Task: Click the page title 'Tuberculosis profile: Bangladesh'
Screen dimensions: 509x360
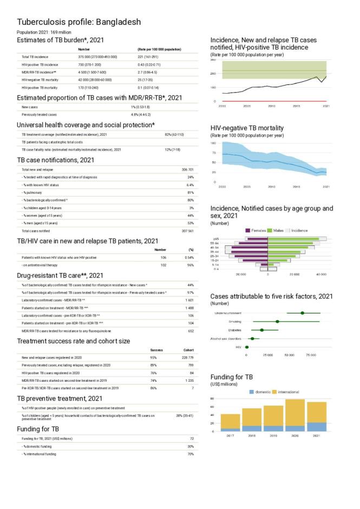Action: click(x=79, y=22)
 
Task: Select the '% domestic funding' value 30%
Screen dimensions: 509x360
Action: click(x=190, y=446)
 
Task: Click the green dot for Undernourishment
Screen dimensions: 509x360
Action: click(x=303, y=313)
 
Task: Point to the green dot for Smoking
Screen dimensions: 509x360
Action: click(x=277, y=322)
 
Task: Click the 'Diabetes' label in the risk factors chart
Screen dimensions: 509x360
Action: click(x=234, y=330)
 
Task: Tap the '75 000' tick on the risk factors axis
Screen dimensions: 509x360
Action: click(x=311, y=355)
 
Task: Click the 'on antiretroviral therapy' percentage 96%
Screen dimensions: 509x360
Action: click(x=190, y=265)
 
